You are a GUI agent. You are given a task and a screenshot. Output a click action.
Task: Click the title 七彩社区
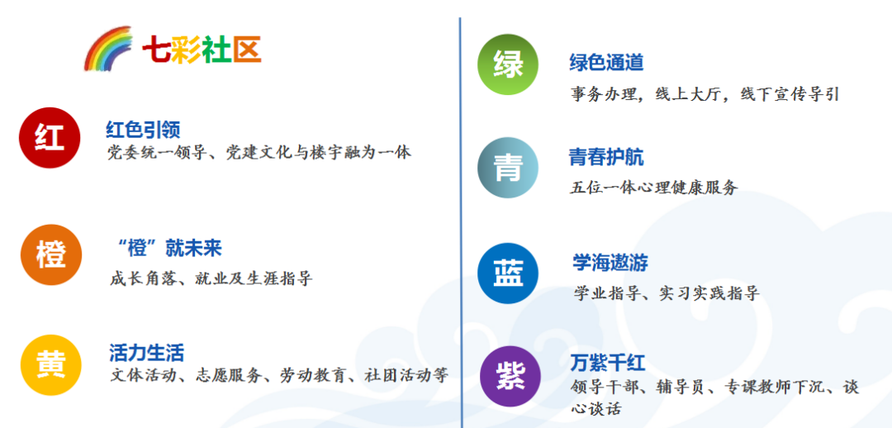202,50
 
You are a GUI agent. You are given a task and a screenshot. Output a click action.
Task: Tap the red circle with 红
50,137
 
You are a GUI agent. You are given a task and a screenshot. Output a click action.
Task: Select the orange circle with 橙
51,254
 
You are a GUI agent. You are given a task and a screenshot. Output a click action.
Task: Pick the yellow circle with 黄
51,364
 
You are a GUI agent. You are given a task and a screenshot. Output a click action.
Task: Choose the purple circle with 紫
510,376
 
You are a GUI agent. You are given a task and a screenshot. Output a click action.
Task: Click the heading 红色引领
144,130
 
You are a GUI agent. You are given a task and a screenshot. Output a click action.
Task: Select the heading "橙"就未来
169,248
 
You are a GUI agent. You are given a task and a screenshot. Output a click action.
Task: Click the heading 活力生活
146,353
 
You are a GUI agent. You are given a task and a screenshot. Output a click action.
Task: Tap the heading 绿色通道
606,63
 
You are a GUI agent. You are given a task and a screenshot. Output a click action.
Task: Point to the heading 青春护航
606,157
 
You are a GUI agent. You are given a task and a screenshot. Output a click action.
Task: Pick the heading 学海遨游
610,263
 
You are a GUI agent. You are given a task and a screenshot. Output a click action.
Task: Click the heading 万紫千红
608,363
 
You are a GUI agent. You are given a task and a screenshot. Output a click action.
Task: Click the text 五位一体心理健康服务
653,188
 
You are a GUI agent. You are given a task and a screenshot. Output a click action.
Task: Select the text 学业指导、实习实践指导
666,293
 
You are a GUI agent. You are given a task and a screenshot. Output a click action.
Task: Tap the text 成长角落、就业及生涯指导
211,278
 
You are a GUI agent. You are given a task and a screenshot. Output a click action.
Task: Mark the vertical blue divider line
461,215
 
